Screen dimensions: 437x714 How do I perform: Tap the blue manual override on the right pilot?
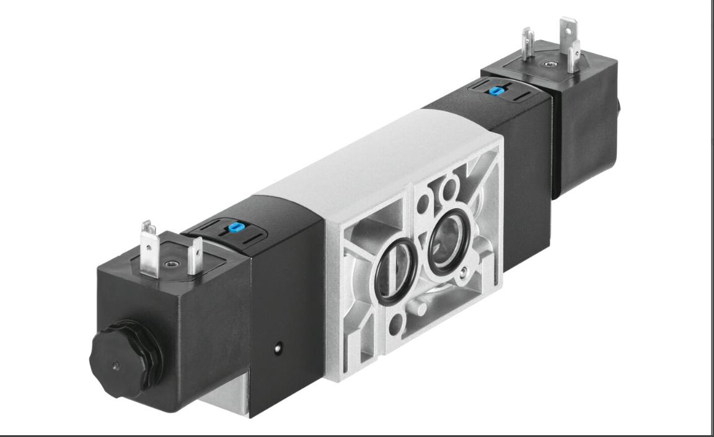coord(495,91)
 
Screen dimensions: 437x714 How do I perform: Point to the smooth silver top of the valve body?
coord(347,167)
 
